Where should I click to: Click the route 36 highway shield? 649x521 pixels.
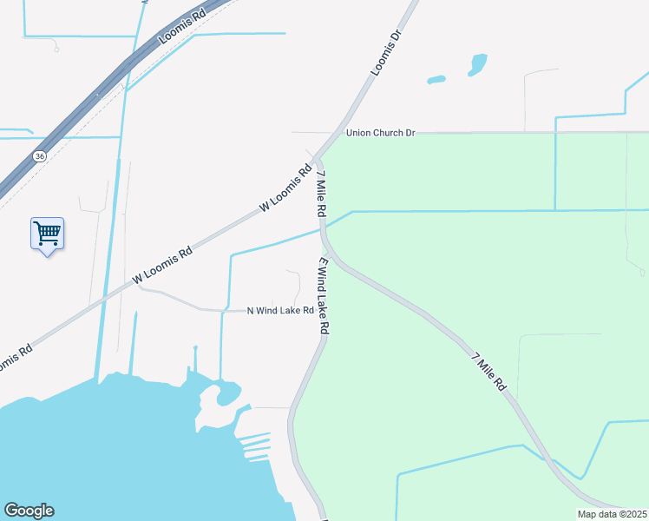pyautogui.click(x=39, y=156)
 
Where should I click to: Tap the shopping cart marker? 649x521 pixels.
pyautogui.click(x=47, y=233)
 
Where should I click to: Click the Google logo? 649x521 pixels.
pyautogui.click(x=29, y=511)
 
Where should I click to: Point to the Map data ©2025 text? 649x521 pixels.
pyautogui.click(x=612, y=514)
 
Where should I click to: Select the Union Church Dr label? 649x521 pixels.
pyautogui.click(x=381, y=133)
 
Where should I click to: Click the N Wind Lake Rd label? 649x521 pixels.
pyautogui.click(x=279, y=311)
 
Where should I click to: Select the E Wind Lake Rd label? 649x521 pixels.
pyautogui.click(x=324, y=295)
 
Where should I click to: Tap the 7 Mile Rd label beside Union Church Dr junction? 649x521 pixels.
pyautogui.click(x=321, y=194)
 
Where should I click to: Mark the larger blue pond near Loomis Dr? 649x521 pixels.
pyautogui.click(x=477, y=64)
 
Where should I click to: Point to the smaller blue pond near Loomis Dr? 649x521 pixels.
pyautogui.click(x=436, y=80)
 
